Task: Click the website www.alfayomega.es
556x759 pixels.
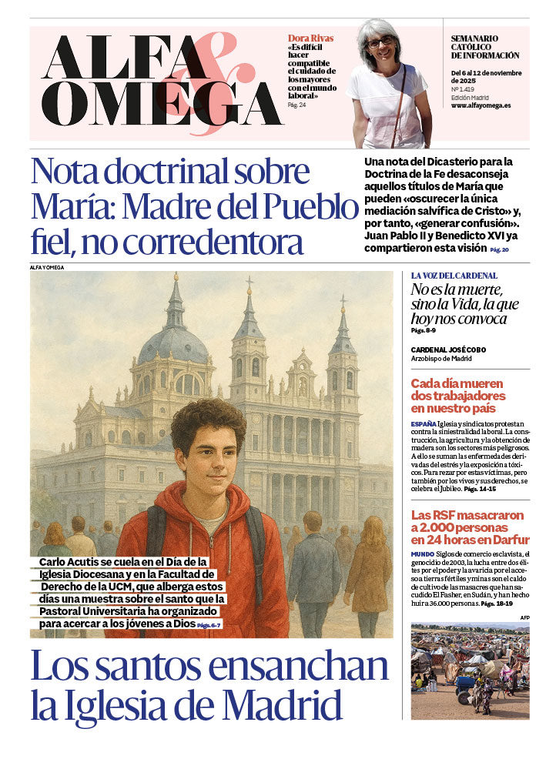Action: (481, 105)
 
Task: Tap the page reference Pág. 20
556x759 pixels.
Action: (499, 250)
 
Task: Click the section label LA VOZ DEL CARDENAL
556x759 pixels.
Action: (454, 275)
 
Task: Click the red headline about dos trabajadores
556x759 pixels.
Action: (457, 396)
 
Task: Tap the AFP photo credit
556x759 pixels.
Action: (524, 617)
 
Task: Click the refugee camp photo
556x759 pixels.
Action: (469, 670)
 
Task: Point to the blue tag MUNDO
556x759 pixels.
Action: (423, 554)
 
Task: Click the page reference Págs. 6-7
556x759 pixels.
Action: (209, 626)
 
